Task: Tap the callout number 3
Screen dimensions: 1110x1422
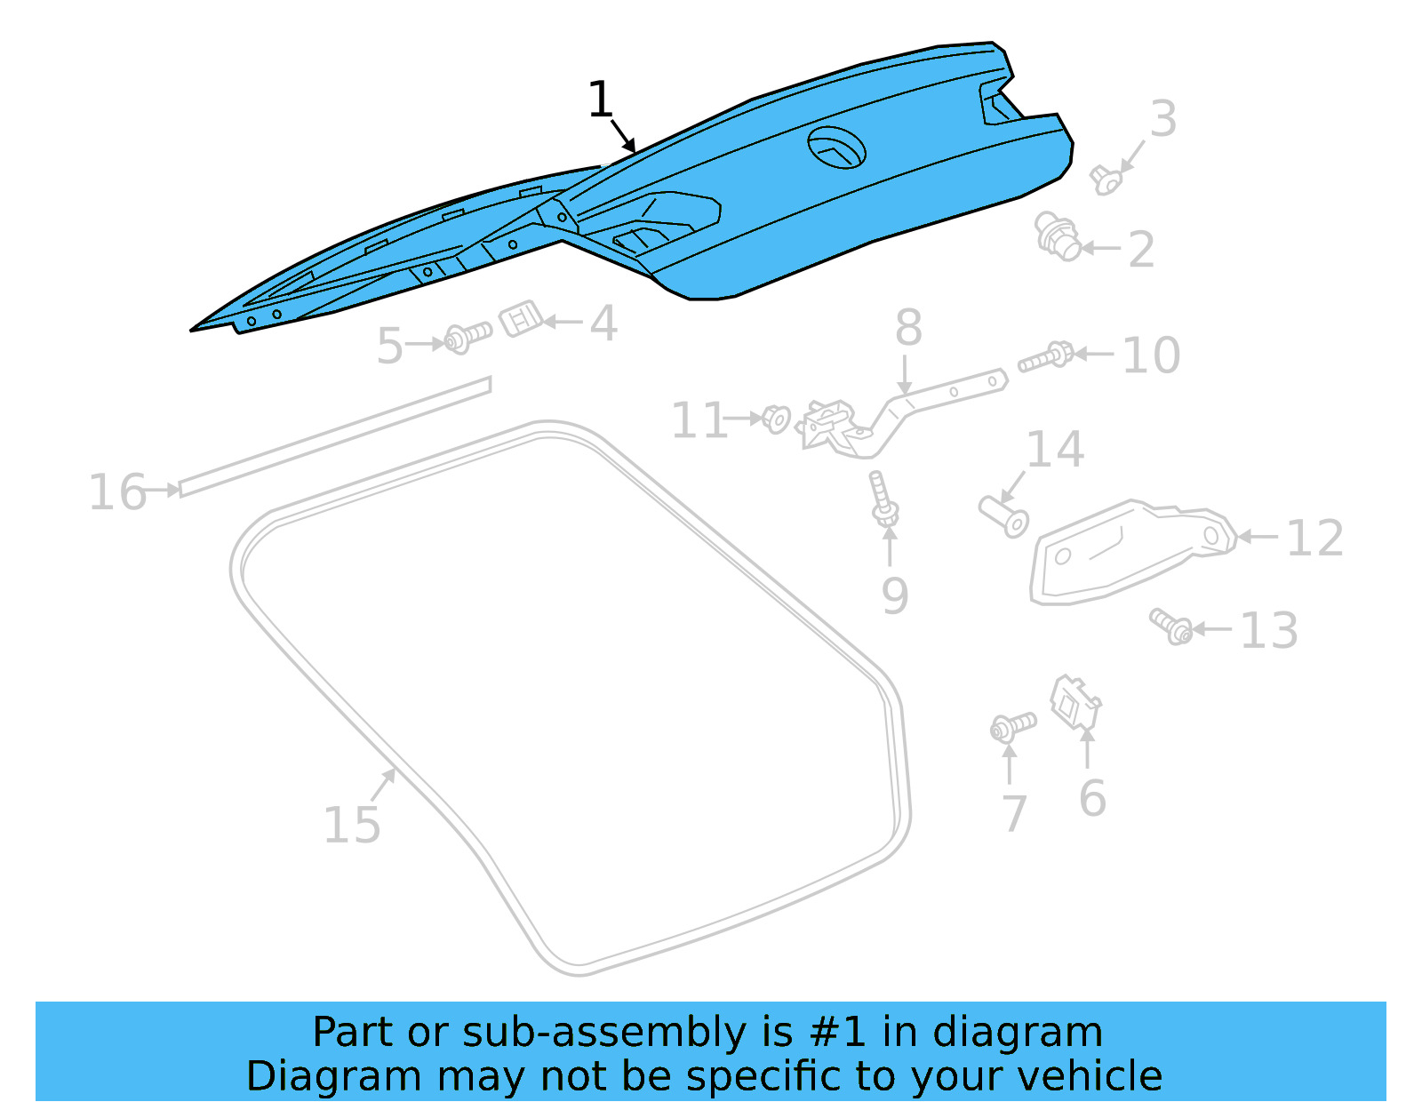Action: coord(1162,119)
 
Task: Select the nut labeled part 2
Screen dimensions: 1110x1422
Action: coord(1057,236)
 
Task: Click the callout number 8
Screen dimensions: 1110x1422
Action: coord(907,328)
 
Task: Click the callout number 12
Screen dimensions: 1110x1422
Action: coord(1314,539)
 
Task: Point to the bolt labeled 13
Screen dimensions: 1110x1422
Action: coord(1170,627)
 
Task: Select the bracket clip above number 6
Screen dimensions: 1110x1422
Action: coord(1074,704)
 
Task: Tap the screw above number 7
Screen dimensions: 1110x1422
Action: coord(1012,727)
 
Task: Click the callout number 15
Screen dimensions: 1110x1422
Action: coord(352,826)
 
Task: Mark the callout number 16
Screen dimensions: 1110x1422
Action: coord(117,492)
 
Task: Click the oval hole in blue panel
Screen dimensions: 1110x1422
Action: coord(836,148)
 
